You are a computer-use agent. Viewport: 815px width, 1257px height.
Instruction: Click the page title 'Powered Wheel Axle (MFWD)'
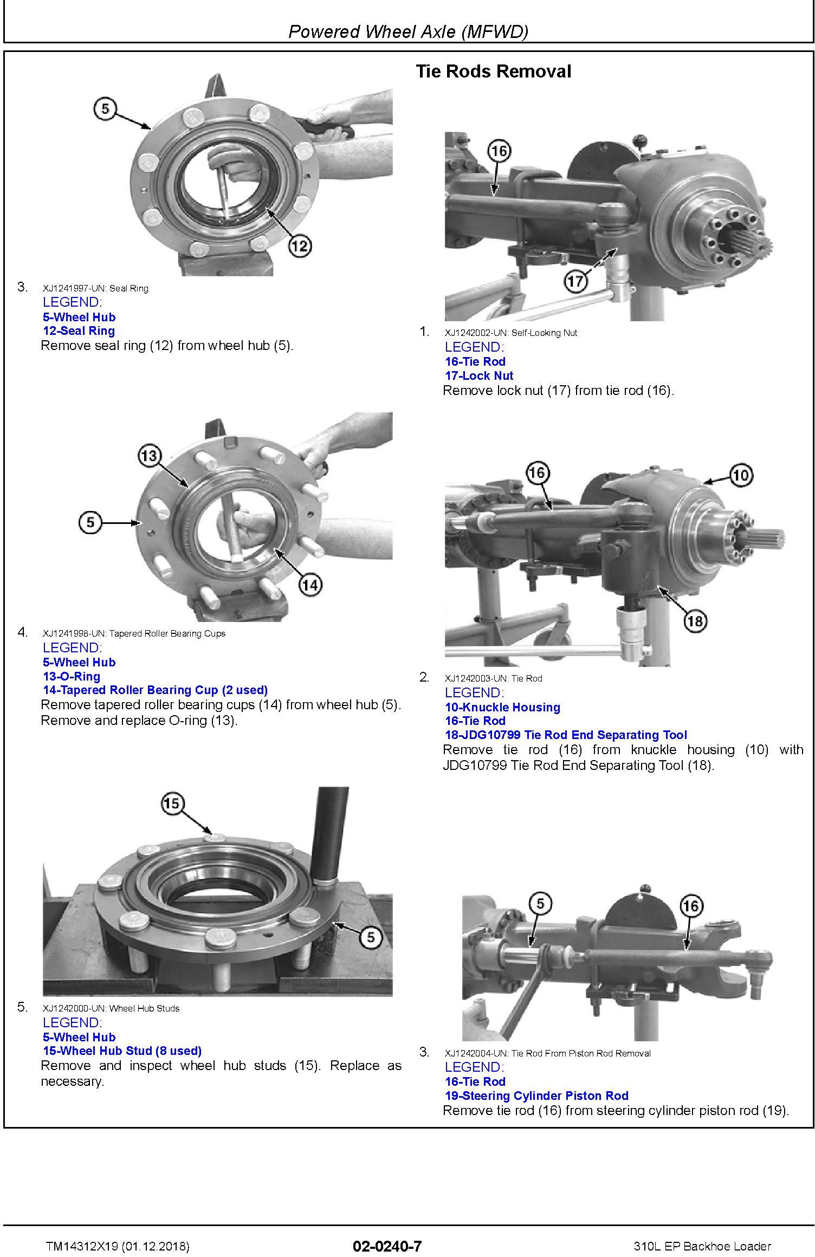pyautogui.click(x=407, y=32)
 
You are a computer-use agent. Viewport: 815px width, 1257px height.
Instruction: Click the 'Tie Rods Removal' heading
pyautogui.click(x=493, y=72)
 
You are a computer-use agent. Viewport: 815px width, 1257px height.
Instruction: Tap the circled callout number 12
pyautogui.click(x=300, y=247)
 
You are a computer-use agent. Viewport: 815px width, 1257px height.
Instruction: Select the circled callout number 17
pyautogui.click(x=575, y=281)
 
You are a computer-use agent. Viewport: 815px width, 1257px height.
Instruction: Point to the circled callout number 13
pyautogui.click(x=149, y=455)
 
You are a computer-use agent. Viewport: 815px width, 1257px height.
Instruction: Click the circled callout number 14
pyautogui.click(x=310, y=585)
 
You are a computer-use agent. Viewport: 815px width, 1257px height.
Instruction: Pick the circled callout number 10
pyautogui.click(x=741, y=475)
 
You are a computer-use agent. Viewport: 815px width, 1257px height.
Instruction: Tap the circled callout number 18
pyautogui.click(x=695, y=621)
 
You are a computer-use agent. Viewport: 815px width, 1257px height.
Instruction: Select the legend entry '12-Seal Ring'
pyautogui.click(x=79, y=331)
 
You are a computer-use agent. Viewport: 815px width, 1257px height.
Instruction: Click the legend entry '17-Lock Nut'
pyautogui.click(x=479, y=375)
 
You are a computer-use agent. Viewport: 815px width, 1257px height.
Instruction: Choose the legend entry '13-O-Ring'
pyautogui.click(x=72, y=676)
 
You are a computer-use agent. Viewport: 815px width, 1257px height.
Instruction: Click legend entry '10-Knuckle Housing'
pyautogui.click(x=502, y=707)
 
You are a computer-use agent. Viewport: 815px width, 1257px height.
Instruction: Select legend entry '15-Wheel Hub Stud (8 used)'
pyautogui.click(x=122, y=1051)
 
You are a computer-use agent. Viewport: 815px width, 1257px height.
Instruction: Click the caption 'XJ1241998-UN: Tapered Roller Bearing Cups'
pyautogui.click(x=134, y=633)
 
